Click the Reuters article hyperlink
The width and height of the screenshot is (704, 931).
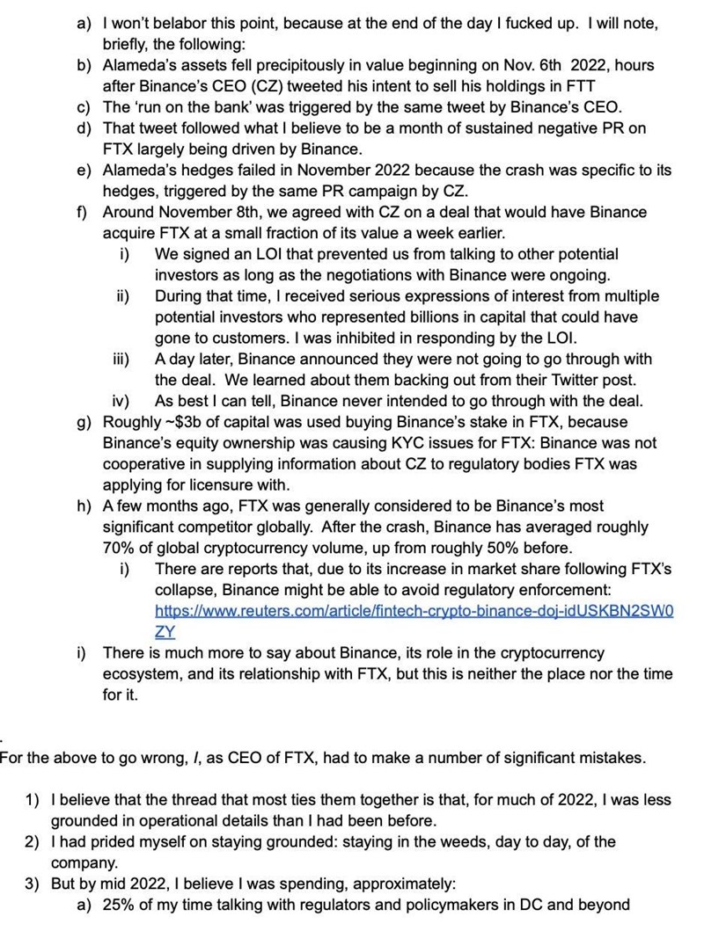[x=414, y=610]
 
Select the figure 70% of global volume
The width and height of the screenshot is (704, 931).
[x=117, y=548]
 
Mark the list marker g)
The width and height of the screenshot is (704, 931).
[x=84, y=422]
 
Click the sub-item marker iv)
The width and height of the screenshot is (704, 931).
[x=122, y=401]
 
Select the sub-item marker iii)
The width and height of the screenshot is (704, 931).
[x=121, y=359]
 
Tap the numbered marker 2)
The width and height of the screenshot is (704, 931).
[x=33, y=841]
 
